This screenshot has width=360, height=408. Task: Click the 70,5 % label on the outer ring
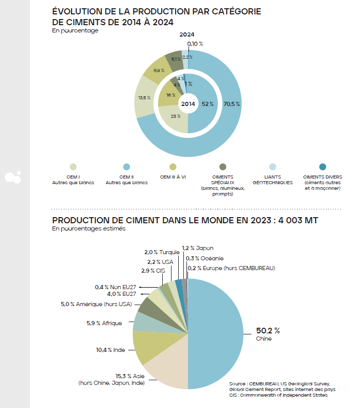232,104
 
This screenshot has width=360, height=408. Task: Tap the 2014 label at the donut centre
188,104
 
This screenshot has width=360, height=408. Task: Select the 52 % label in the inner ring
208,104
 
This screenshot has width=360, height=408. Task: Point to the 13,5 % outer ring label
144,97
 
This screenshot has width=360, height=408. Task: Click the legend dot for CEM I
73,167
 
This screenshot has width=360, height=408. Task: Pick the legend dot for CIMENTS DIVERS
322,167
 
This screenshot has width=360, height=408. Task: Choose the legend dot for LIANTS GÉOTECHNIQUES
272,167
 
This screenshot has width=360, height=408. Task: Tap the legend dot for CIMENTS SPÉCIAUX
223,167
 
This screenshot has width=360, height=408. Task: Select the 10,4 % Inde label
110,350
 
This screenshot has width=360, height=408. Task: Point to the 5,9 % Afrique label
104,323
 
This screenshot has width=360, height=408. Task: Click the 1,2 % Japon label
198,248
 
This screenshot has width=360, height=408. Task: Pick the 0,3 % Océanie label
205,258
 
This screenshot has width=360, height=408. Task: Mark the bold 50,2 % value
268,330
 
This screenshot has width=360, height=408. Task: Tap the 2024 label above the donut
187,34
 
